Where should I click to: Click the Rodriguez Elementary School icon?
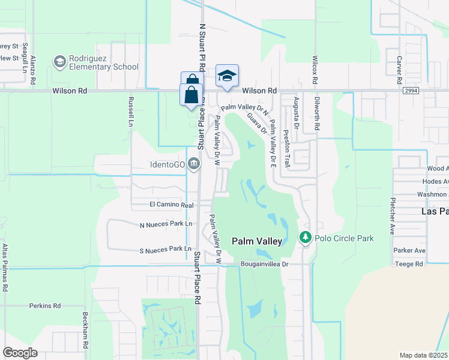(x=59, y=62)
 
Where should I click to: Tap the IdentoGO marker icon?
(x=194, y=163)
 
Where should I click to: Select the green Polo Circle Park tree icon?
(x=306, y=238)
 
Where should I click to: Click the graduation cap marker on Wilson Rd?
(x=227, y=76)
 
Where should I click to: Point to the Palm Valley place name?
(x=257, y=241)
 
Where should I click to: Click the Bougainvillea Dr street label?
(x=265, y=263)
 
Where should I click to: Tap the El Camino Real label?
(x=171, y=205)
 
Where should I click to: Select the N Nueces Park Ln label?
(x=165, y=224)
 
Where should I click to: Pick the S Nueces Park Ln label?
(x=165, y=248)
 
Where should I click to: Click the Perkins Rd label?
(x=46, y=305)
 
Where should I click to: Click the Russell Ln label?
(x=130, y=112)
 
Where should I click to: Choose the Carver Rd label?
(x=399, y=70)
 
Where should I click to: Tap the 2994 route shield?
(x=411, y=90)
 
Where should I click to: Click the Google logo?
(x=20, y=352)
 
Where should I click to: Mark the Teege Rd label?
(x=409, y=263)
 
